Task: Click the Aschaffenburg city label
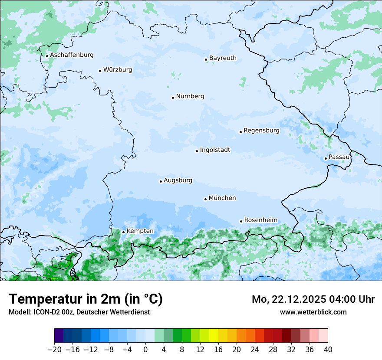[72, 55]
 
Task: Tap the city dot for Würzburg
[100, 71]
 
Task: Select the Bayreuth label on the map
[223, 58]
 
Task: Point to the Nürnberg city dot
[173, 98]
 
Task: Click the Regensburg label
[261, 131]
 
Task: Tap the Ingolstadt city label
[215, 150]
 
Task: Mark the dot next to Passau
[326, 158]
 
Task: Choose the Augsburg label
[178, 180]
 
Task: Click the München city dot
[205, 199]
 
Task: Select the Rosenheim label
[260, 220]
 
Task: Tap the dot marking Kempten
[123, 232]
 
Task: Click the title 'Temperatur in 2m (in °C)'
[86, 299]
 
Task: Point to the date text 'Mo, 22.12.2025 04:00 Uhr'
[313, 299]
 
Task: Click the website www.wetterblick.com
[313, 312]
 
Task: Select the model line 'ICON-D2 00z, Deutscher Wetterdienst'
[79, 312]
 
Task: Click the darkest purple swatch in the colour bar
[59, 336]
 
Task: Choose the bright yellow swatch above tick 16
[214, 336]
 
